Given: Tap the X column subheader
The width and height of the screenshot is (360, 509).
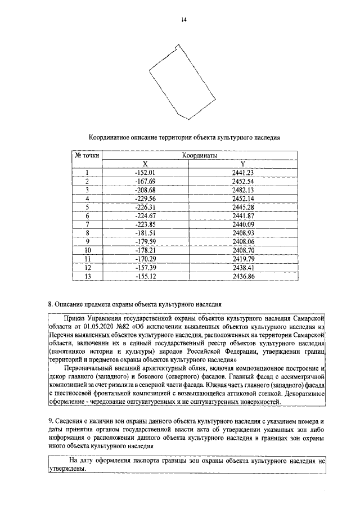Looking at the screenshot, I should (145, 164).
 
